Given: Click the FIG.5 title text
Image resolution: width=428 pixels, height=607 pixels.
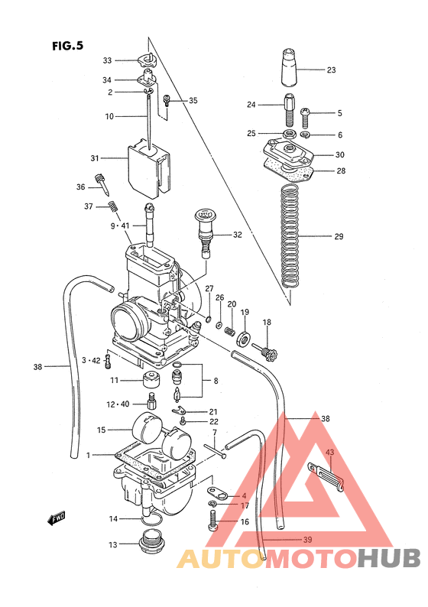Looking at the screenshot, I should pos(66,46).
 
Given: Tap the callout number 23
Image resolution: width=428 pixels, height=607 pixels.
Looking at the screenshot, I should pos(331,70).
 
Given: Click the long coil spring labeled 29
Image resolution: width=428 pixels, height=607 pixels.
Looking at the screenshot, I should pos(288,237).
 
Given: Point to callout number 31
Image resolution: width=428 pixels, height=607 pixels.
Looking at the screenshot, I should pos(95,159).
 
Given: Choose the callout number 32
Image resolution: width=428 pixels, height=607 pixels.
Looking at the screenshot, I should pos(237,235).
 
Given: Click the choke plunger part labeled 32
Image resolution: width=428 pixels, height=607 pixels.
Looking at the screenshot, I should pos(205,226).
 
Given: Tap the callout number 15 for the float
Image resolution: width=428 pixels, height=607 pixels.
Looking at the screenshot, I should pos(101,430).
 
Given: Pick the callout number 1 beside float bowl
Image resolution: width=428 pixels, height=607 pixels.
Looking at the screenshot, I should pos(89,456).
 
